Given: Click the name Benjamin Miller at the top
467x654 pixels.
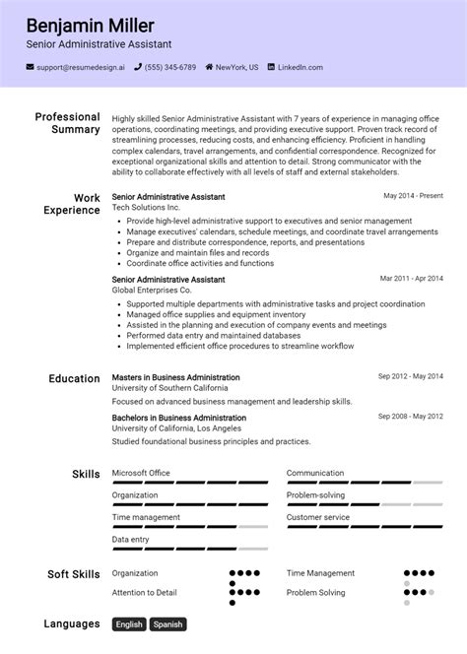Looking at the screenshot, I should (x=91, y=25).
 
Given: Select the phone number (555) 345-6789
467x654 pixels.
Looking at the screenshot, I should (x=172, y=68).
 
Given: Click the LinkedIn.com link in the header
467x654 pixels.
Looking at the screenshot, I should (x=300, y=68).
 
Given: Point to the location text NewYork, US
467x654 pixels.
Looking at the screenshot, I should (x=236, y=68).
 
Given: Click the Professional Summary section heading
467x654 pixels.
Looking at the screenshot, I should (x=67, y=123).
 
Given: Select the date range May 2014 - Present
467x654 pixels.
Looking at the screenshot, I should (x=413, y=196).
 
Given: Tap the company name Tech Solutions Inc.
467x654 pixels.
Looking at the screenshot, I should (x=146, y=209).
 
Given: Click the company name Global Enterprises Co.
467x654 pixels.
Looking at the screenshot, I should (x=152, y=291).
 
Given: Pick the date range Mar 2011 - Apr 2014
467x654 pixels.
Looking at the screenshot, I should (x=411, y=279).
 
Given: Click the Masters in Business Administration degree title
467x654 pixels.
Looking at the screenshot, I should (x=175, y=377).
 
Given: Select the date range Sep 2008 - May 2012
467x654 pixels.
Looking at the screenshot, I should (x=410, y=417).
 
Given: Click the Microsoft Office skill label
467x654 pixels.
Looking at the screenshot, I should (x=141, y=473).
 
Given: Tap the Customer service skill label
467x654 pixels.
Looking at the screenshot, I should (x=317, y=517).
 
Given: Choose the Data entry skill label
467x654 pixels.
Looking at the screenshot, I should (x=130, y=540).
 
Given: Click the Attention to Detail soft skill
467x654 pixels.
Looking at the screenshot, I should (x=144, y=592).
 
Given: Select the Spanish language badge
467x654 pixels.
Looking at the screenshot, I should (x=167, y=624).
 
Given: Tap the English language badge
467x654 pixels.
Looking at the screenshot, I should (x=129, y=624).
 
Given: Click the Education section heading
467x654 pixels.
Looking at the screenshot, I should (x=74, y=378).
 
